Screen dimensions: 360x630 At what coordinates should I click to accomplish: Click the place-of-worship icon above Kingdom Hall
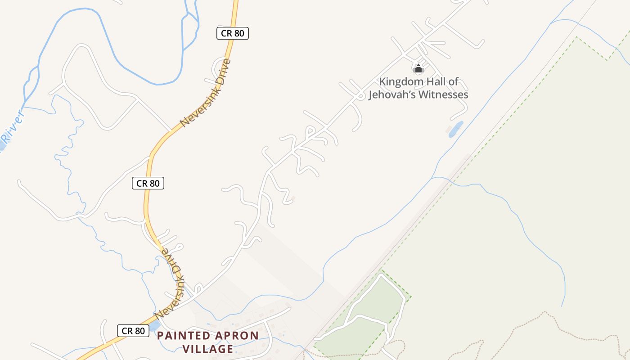tap(418, 69)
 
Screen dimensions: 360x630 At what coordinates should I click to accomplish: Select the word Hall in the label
tap(436, 82)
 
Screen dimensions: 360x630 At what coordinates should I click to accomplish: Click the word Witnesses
tap(443, 95)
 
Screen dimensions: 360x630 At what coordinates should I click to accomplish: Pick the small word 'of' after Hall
tap(454, 82)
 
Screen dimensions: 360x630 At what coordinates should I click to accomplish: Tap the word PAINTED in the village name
tap(184, 336)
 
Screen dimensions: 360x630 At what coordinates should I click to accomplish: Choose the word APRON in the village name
tap(237, 336)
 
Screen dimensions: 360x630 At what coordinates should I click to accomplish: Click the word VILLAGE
tap(208, 349)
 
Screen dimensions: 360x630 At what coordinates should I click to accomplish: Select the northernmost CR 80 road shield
tap(233, 33)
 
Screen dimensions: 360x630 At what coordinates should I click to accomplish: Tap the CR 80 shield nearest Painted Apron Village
tap(133, 331)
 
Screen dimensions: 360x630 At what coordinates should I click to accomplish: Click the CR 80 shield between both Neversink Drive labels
tap(148, 183)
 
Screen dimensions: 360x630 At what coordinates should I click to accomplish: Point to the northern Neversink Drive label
tap(205, 93)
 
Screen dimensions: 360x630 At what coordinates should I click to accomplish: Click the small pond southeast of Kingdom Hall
tap(455, 129)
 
